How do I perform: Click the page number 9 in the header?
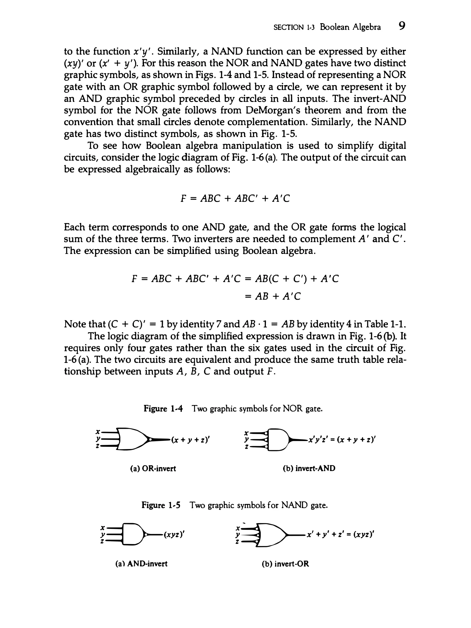pos(401,26)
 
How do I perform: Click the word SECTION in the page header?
pos(288,28)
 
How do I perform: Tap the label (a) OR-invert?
pos(153,468)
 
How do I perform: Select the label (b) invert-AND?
pos(309,468)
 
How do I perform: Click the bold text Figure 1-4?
pos(163,409)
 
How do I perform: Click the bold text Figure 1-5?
pos(161,505)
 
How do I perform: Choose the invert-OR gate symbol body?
pos(271,535)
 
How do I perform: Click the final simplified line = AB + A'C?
pos(272,296)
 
